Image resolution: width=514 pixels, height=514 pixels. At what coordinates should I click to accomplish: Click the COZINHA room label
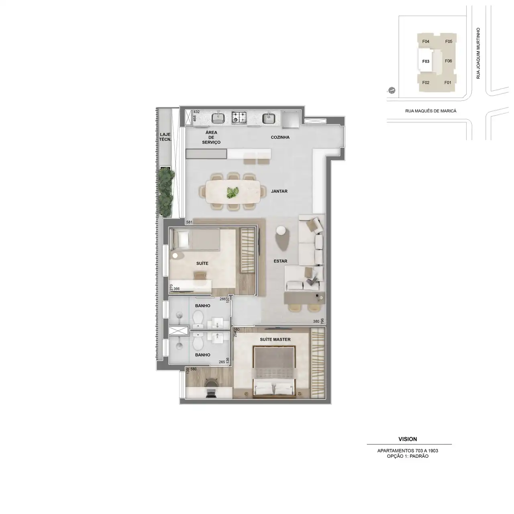[280, 137]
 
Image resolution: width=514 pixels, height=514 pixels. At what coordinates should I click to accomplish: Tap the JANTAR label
[279, 191]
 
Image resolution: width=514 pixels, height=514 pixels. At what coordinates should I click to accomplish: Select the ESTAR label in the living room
[280, 261]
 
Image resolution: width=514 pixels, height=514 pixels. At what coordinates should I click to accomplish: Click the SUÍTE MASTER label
[275, 340]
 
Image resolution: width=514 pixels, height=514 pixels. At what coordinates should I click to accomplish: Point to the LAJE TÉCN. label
[165, 137]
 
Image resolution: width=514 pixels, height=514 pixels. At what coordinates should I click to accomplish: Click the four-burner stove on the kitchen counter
[239, 118]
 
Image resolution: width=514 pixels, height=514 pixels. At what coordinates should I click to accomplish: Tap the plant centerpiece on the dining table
[233, 192]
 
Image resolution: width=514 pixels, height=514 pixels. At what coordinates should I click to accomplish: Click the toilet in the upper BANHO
[198, 318]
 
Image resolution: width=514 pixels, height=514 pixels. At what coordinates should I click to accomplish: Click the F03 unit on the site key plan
[426, 61]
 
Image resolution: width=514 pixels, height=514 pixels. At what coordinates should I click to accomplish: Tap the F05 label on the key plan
[449, 41]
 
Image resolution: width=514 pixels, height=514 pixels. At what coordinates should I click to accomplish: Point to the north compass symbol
[392, 90]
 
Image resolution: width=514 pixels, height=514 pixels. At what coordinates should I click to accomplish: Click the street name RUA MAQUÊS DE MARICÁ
[431, 111]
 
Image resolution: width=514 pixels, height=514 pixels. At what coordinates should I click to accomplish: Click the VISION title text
[408, 439]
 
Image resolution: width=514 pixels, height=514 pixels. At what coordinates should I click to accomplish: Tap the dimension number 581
[189, 222]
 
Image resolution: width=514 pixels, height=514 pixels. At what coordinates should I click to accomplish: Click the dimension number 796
[322, 320]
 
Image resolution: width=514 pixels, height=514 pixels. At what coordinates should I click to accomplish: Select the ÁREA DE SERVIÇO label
[211, 137]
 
